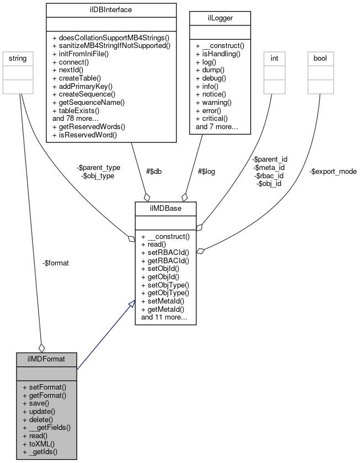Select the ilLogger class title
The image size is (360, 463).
pos(219,18)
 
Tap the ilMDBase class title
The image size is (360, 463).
pos(165,208)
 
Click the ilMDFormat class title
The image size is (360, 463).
pos(46,359)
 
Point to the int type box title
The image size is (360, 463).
pos(273,57)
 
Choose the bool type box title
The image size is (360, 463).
pos(320,57)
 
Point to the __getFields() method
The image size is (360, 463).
pos(46,427)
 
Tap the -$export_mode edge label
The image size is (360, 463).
pos(332,171)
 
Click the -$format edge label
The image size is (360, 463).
pos(56,263)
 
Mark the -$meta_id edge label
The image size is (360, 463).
pos(268,167)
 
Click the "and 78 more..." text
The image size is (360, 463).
pos(76,118)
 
